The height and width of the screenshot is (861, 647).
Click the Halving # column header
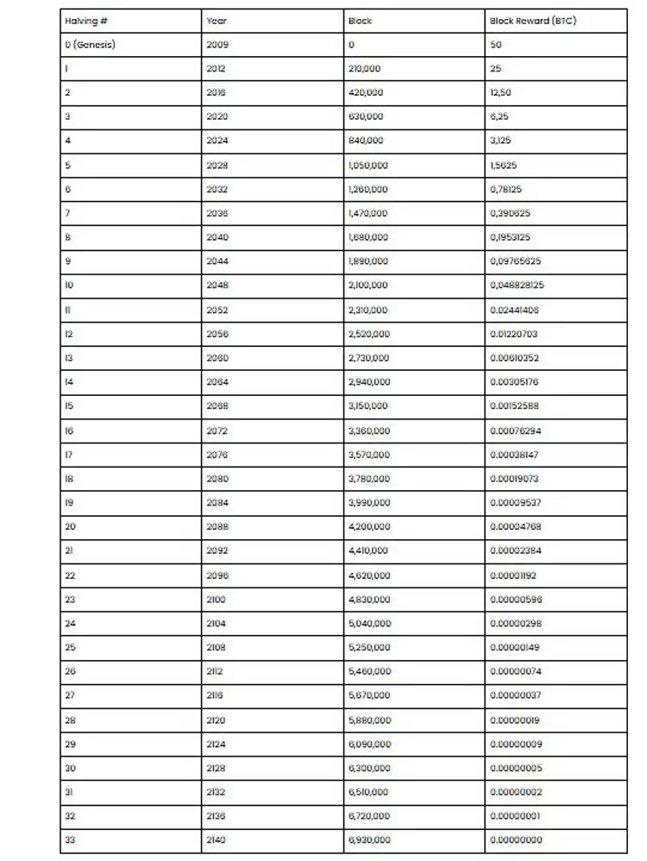[x=80, y=21]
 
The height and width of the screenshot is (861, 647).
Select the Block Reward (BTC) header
[x=533, y=21]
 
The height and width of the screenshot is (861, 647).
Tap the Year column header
[x=217, y=21]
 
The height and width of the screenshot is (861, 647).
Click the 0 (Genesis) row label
[x=90, y=45]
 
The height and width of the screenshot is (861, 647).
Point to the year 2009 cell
[x=217, y=45]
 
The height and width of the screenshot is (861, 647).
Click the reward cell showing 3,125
[x=501, y=141]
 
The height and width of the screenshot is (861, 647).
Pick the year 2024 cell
[x=217, y=141]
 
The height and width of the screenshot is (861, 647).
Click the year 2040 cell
[x=217, y=237]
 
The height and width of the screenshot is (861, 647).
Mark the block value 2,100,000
[x=368, y=286]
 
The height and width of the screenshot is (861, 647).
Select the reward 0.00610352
[x=515, y=358]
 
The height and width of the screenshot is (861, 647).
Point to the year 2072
[x=217, y=430]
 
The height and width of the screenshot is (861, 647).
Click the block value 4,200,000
[x=368, y=527]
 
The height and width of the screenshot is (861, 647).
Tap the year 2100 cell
[x=217, y=600]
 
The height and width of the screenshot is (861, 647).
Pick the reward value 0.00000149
[x=515, y=647]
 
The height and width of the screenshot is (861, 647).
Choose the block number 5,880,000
[x=368, y=720]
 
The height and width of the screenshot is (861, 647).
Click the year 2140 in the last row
[x=217, y=839]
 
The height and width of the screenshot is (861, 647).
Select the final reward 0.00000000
[x=515, y=839]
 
